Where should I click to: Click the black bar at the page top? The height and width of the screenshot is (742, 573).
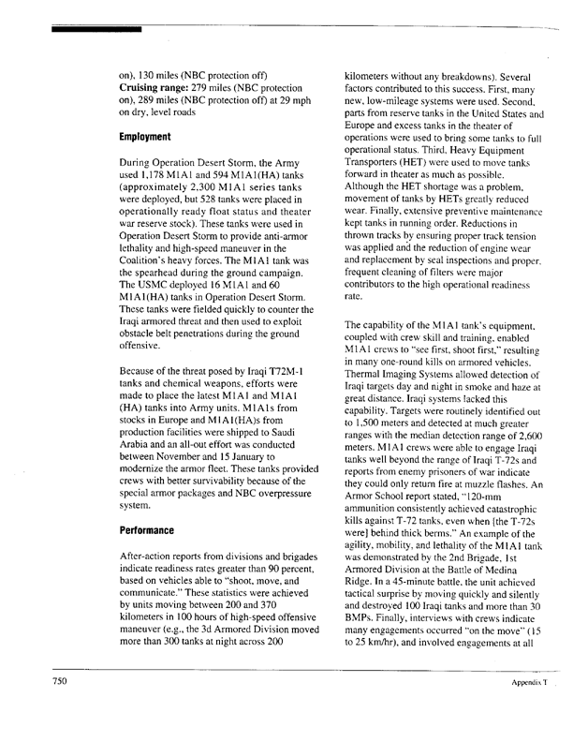coord(97,30)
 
